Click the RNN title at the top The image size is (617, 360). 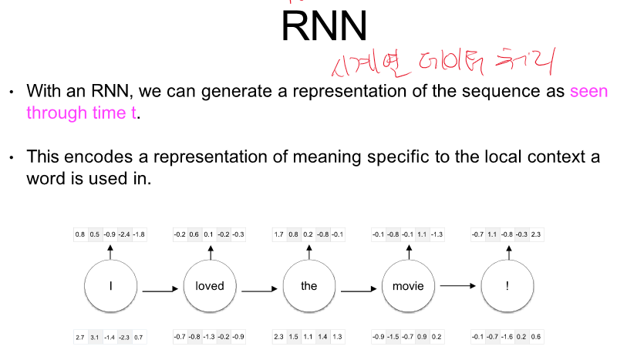[324, 26]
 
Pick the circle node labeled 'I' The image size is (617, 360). [111, 285]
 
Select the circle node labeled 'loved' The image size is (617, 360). [210, 285]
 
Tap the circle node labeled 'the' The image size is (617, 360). [308, 285]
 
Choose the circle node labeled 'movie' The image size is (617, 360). [408, 285]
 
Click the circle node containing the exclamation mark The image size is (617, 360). [507, 285]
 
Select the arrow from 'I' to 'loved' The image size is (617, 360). [160, 291]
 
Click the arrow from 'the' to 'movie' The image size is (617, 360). [359, 291]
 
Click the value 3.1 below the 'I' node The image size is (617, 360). [95, 338]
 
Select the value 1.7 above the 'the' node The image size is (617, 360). [279, 234]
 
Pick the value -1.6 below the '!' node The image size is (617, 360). [507, 338]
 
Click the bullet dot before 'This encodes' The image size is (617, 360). [12, 157]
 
